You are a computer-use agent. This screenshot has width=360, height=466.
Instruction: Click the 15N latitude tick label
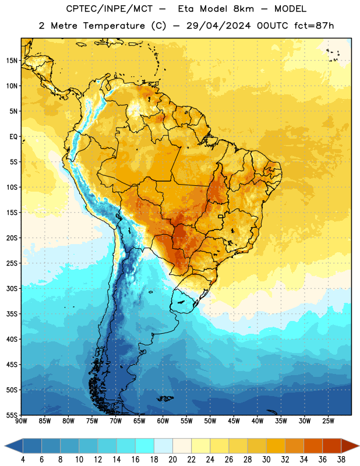tap(12, 61)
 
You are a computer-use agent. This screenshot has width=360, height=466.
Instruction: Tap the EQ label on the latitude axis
tap(13, 137)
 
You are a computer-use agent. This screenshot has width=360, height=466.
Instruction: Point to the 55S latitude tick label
tap(12, 415)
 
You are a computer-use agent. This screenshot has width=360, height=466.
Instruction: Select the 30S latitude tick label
tap(12, 288)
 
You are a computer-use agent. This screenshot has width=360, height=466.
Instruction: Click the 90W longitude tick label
tap(22, 421)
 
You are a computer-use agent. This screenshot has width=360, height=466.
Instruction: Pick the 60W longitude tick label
tap(163, 421)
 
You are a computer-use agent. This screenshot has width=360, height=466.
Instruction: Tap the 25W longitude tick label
tap(328, 421)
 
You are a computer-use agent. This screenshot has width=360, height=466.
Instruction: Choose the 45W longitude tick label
tap(234, 421)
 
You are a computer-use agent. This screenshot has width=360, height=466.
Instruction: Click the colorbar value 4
tap(23, 460)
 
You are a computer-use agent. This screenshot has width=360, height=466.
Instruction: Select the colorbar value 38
tap(341, 460)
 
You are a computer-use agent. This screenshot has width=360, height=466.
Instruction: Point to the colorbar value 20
tap(172, 460)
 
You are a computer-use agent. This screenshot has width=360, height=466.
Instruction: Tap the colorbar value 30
tap(266, 460)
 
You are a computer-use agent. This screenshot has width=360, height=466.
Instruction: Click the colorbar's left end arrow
tap(14, 446)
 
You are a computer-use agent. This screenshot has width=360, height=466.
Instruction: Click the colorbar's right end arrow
tap(350, 446)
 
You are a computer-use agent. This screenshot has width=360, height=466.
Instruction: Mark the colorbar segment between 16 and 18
tap(145, 446)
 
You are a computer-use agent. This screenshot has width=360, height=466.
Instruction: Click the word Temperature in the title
tap(114, 26)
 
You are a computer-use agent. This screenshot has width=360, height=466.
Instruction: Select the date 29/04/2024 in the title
tap(218, 26)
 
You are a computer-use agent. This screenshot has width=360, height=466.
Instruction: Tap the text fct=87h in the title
tap(314, 26)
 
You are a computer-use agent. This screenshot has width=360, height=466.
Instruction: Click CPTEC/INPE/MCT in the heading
tap(109, 9)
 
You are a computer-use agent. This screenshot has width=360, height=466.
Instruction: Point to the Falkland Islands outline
tap(165, 398)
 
